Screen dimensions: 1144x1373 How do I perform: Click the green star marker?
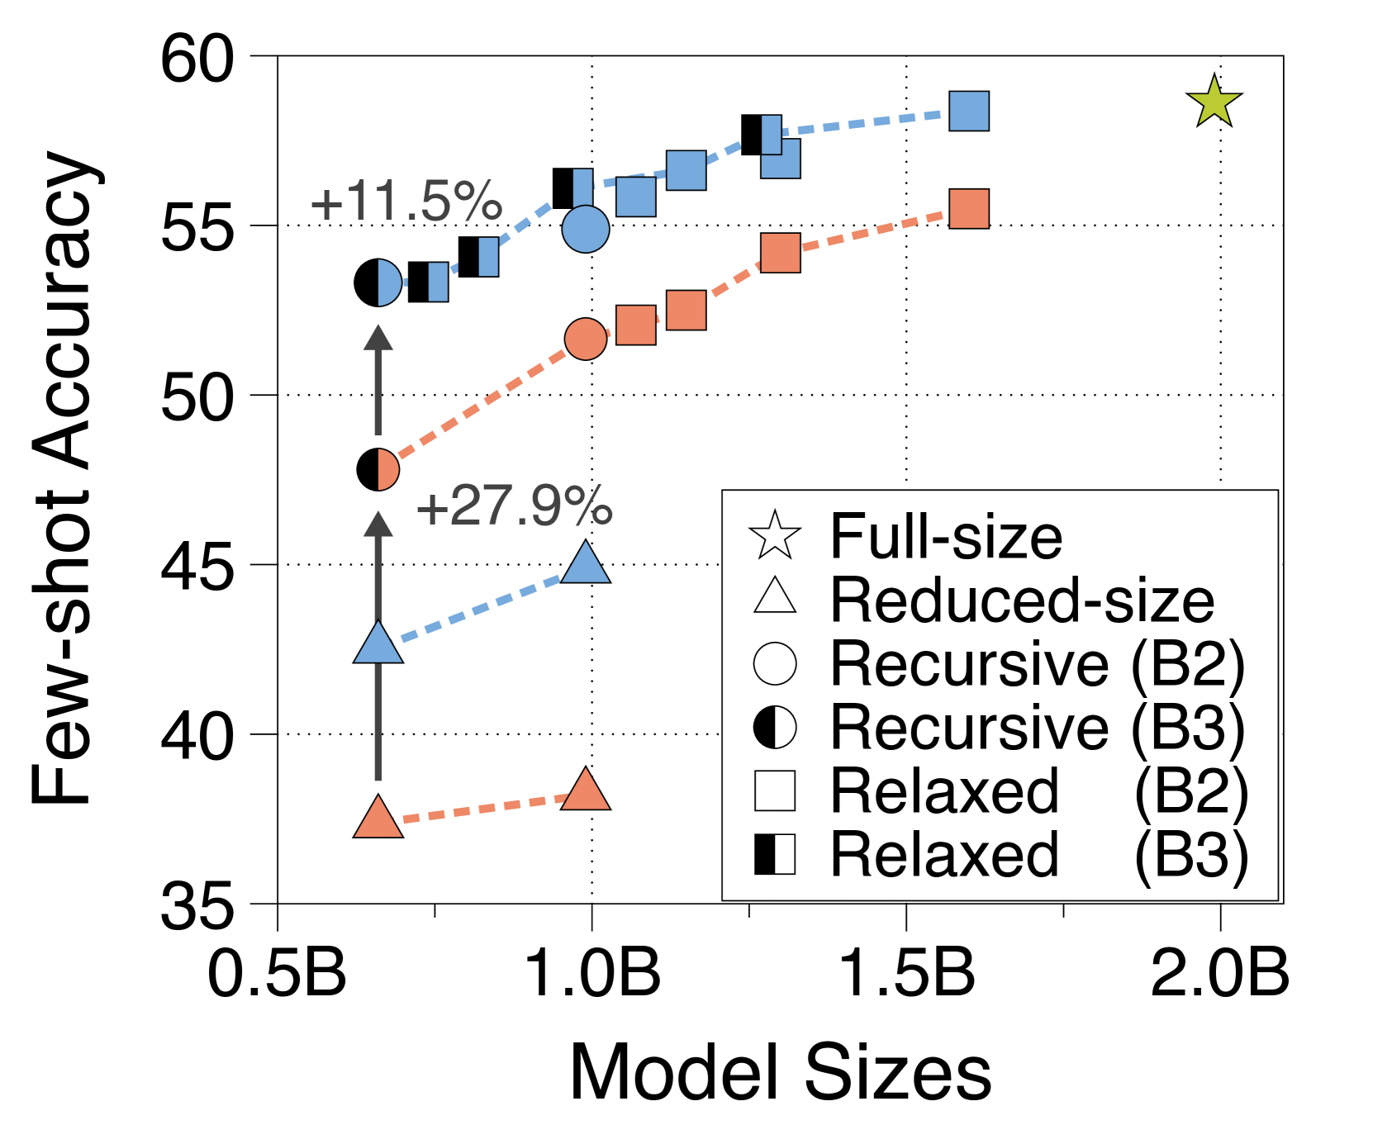pyautogui.click(x=1214, y=102)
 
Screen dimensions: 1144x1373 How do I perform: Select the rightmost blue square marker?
pyautogui.click(x=969, y=112)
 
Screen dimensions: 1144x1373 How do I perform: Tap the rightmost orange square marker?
pyautogui.click(x=969, y=209)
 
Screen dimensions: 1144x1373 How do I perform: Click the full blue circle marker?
pyautogui.click(x=586, y=229)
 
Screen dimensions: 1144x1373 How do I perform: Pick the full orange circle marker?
pyautogui.click(x=586, y=339)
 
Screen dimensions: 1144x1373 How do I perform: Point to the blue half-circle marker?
pyautogui.click(x=387, y=282)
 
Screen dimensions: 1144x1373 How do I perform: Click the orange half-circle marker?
pyautogui.click(x=387, y=470)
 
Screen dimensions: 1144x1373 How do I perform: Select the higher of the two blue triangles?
pyautogui.click(x=586, y=565)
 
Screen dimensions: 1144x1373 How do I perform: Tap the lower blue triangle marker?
pyautogui.click(x=378, y=644)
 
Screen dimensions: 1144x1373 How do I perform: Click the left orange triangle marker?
pyautogui.click(x=378, y=819)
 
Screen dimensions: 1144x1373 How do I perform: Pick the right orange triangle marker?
pyautogui.click(x=586, y=790)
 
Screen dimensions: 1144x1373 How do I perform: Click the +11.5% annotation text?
pyautogui.click(x=406, y=202)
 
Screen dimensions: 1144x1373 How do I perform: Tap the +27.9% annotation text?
pyautogui.click(x=514, y=506)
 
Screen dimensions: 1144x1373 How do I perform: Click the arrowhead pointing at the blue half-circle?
pyautogui.click(x=378, y=337)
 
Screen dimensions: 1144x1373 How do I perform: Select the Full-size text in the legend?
pyautogui.click(x=946, y=537)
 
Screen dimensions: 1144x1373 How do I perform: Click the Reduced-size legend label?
pyautogui.click(x=1022, y=600)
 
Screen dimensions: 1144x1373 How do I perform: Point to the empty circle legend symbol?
pyautogui.click(x=775, y=663)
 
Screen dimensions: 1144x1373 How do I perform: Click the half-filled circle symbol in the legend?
pyautogui.click(x=775, y=728)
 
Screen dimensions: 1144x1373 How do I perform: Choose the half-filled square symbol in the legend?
pyautogui.click(x=775, y=855)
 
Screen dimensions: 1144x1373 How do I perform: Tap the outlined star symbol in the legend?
pyautogui.click(x=775, y=536)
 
